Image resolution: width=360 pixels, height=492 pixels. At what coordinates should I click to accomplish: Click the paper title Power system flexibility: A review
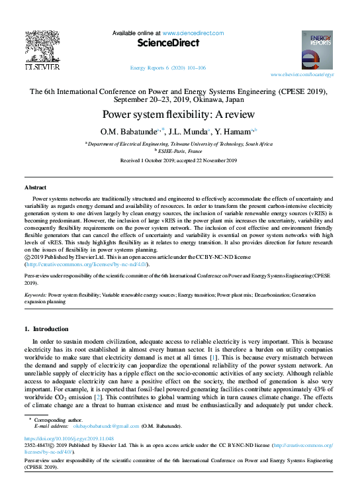(x=180, y=114)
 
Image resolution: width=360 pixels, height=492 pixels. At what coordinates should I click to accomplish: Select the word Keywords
(x=34, y=294)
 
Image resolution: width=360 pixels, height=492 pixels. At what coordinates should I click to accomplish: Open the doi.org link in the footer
(x=61, y=438)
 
